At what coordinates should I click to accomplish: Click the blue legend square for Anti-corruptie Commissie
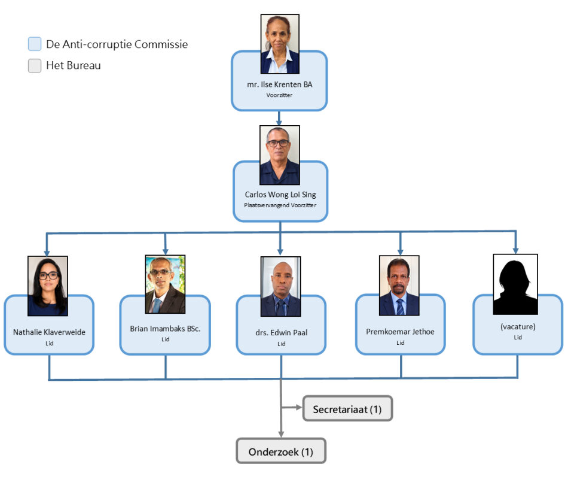pos(35,44)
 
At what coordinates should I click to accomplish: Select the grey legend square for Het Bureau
pos(35,66)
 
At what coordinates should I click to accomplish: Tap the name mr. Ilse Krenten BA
pos(280,84)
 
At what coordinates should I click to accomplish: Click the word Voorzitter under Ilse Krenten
pos(279,95)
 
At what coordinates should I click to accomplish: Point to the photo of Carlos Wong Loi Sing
pos(280,155)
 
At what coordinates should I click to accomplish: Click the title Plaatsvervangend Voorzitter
pos(280,205)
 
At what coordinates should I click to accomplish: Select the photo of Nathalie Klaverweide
pos(48,286)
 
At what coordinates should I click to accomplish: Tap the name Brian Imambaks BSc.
pos(165,329)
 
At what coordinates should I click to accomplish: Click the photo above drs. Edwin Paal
pos(281,286)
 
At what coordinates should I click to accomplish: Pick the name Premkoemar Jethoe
pos(400,332)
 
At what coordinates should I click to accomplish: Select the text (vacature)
pos(518,326)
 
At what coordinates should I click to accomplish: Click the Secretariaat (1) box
pos(348,408)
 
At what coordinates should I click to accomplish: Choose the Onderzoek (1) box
pos(281,451)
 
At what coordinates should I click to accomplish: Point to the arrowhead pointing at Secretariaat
pos(299,408)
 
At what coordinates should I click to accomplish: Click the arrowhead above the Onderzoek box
pos(281,434)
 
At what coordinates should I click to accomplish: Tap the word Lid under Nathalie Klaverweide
pos(49,343)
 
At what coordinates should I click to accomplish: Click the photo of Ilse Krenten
pos(280,44)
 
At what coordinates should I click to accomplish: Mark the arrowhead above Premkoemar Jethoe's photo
pos(400,252)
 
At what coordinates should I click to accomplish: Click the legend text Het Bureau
pos(74,66)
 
